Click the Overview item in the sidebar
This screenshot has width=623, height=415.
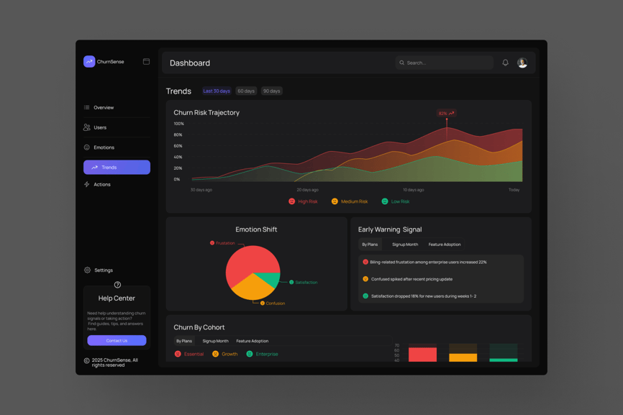pos(103,108)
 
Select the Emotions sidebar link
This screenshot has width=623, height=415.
pos(104,147)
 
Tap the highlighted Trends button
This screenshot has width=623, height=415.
pos(117,168)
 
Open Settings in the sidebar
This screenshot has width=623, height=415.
pos(103,270)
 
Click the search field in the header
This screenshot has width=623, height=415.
pos(444,63)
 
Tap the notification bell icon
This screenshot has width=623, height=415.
pos(505,63)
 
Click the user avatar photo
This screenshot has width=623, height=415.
pos(522,63)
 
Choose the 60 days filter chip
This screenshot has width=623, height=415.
pos(246,91)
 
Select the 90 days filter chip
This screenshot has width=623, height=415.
pos(271,91)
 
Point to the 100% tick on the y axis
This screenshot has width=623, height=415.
pos(178,124)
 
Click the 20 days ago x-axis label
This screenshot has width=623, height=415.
pos(307,190)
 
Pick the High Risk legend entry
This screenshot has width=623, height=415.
pos(303,201)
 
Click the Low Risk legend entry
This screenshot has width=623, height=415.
pos(396,201)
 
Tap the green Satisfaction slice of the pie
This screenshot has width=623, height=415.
pos(268,279)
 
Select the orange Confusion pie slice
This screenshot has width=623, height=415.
pos(252,288)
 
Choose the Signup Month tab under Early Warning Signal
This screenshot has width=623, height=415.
pos(405,245)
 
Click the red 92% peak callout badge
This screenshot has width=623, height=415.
pos(446,113)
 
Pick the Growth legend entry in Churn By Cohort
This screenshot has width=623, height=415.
pos(225,354)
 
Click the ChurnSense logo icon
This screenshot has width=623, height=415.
pos(89,62)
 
